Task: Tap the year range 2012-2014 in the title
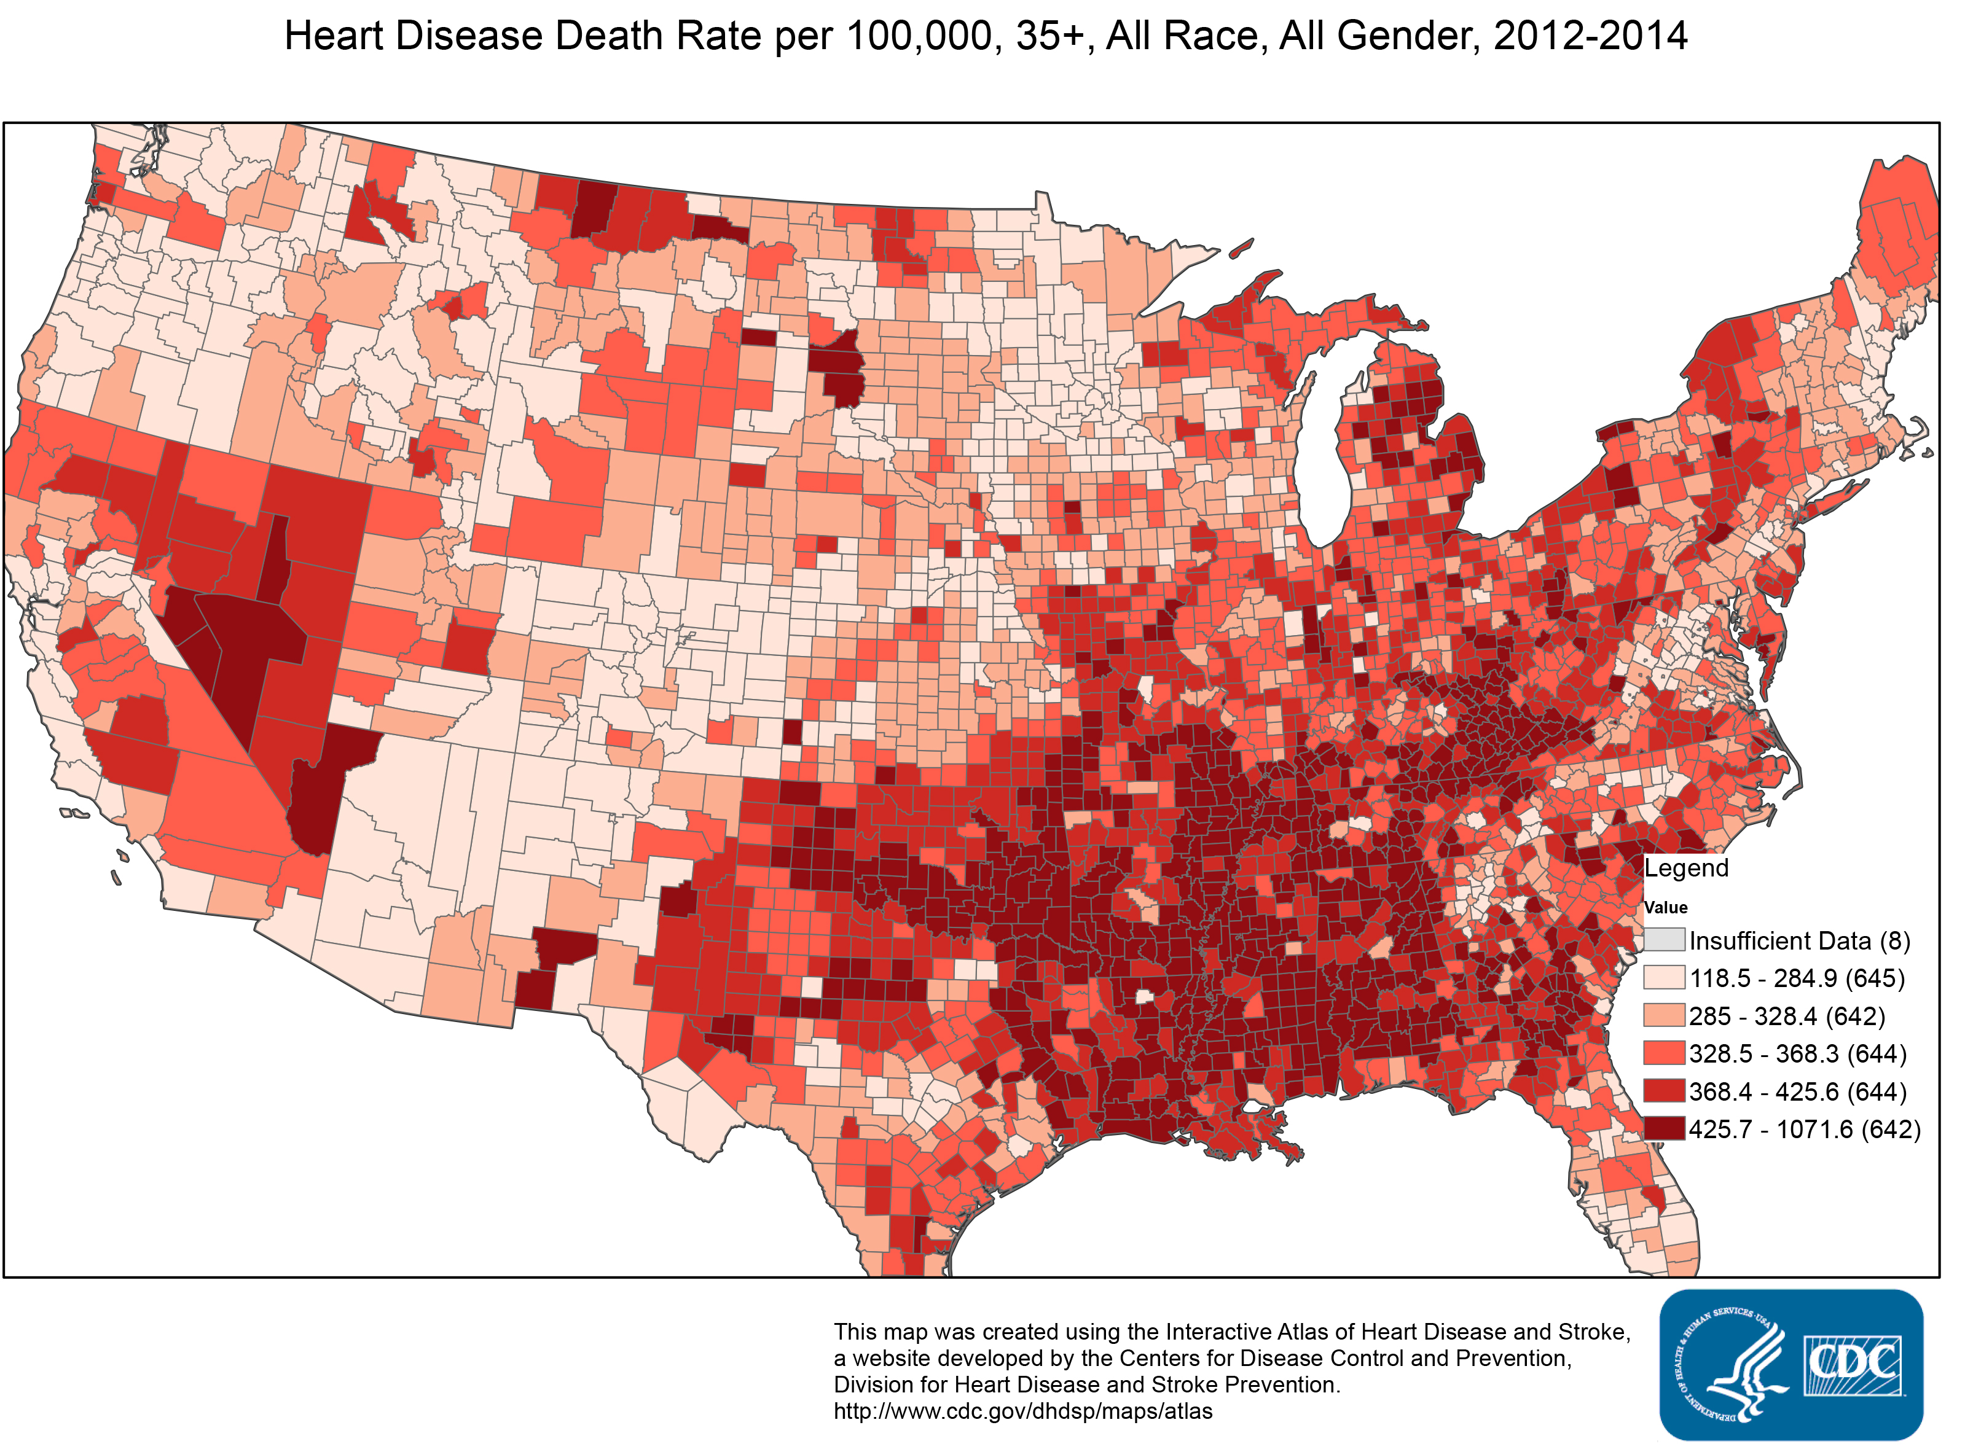click(x=1590, y=37)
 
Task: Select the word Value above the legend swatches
click(x=1665, y=907)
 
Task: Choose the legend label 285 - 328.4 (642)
click(x=1787, y=1016)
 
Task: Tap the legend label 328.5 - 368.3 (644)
click(x=1797, y=1054)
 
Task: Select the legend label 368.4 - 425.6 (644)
click(x=1797, y=1091)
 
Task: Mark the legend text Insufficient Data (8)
click(x=1799, y=940)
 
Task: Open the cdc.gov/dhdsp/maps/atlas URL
click(x=1022, y=1411)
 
